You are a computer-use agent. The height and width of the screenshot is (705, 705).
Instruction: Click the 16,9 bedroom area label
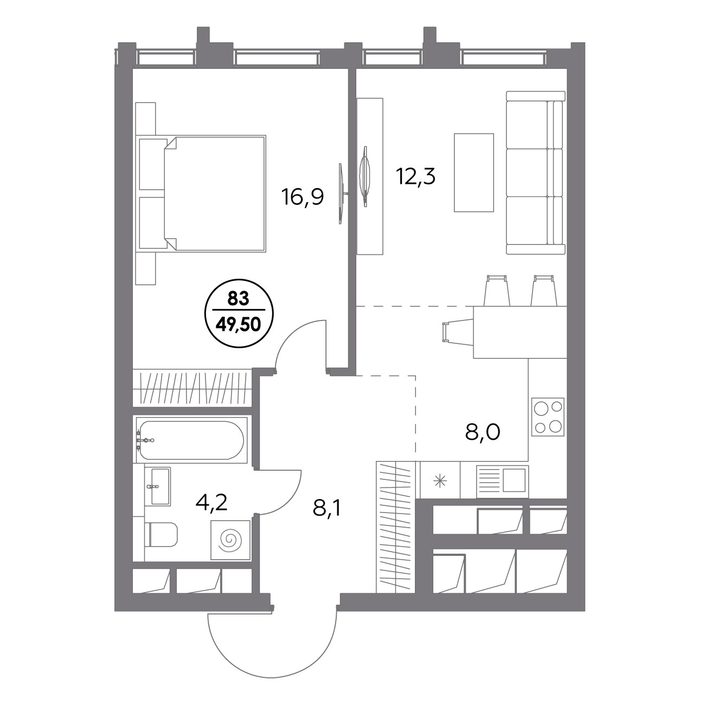click(303, 198)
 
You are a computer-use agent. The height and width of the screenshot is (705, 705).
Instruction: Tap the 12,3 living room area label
click(415, 177)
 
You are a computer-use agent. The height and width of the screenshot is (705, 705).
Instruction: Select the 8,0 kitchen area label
click(483, 432)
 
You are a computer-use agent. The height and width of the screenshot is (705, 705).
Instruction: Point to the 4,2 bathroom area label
click(211, 503)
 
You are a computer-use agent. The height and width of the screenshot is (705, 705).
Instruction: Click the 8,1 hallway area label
click(326, 508)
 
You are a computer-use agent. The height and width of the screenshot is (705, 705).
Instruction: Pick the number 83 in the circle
click(239, 299)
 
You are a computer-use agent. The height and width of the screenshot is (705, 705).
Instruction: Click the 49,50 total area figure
click(239, 324)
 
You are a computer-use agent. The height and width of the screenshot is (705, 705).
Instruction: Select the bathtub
click(190, 440)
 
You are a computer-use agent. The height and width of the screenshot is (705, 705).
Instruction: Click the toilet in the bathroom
click(161, 535)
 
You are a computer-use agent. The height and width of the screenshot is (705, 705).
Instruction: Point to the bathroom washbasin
click(158, 486)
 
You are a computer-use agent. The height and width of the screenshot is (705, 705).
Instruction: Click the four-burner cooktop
click(548, 416)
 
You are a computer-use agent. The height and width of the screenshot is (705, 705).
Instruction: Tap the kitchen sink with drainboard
click(502, 482)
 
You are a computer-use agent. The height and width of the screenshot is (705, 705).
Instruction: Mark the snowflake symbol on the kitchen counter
click(440, 481)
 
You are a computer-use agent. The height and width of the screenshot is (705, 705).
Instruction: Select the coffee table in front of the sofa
click(474, 172)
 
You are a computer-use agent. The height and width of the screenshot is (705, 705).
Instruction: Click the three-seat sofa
click(536, 172)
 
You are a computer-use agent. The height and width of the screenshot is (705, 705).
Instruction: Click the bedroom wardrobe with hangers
click(192, 388)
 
